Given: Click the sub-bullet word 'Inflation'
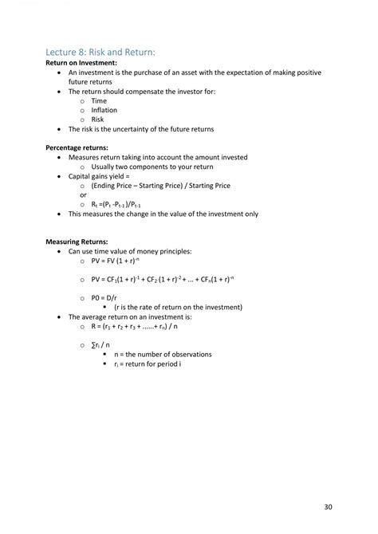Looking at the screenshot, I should pyautogui.click(x=104, y=110).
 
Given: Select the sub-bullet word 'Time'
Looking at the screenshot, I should pyautogui.click(x=99, y=101).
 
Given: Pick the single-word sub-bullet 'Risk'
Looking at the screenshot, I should pyautogui.click(x=97, y=120).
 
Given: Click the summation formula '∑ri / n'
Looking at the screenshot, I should pyautogui.click(x=101, y=344).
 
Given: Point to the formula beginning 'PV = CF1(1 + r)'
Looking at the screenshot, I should pyautogui.click(x=166, y=279).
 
